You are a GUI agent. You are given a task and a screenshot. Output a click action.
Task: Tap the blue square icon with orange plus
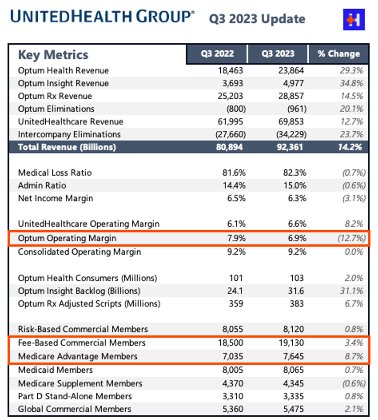tap(354, 19)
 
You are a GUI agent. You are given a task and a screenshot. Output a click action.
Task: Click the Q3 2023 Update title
tap(257, 18)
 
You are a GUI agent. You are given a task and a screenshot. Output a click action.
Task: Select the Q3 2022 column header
tap(217, 54)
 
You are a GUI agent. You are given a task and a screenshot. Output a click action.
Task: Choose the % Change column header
tap(339, 54)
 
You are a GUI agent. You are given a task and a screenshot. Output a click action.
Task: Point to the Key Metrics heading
tap(53, 55)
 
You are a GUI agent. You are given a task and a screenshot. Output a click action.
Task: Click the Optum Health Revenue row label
tap(63, 70)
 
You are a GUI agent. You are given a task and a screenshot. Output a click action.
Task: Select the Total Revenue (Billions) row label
tap(67, 147)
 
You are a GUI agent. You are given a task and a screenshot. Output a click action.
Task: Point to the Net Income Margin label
tap(55, 198)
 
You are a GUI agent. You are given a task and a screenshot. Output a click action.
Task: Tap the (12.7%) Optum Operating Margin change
tap(351, 238)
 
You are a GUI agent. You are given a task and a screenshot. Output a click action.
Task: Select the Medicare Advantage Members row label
tap(78, 356)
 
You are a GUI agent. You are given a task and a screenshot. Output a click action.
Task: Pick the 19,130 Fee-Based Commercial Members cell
tap(292, 343)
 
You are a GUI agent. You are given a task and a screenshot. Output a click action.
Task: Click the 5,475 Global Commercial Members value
tap(293, 409)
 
